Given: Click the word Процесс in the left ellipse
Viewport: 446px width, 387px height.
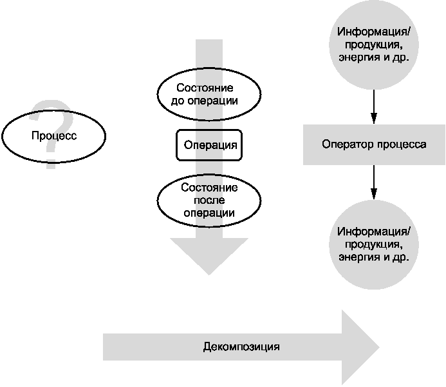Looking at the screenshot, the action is pyautogui.click(x=54, y=135).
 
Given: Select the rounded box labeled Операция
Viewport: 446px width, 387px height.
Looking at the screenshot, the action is pyautogui.click(x=209, y=145).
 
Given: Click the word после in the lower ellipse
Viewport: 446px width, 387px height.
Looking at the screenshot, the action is pyautogui.click(x=209, y=201).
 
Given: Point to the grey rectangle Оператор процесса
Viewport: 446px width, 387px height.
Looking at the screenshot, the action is pyautogui.click(x=374, y=144).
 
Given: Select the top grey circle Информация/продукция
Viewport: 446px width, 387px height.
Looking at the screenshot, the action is pyautogui.click(x=374, y=45).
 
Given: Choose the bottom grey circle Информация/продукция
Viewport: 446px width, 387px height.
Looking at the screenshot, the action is pyautogui.click(x=374, y=245).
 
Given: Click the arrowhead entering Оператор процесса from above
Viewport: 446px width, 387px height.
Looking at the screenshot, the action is pyautogui.click(x=374, y=118).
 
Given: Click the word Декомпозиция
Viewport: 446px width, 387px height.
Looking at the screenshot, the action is pyautogui.click(x=241, y=347).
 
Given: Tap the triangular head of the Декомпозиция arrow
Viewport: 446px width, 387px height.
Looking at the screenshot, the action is pyautogui.click(x=360, y=347).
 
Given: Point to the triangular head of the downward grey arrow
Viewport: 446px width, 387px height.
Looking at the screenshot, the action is pyautogui.click(x=209, y=256).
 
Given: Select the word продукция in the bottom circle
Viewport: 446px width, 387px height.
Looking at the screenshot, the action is pyautogui.click(x=373, y=245).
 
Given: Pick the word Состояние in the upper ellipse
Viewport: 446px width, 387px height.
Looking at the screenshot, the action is pyautogui.click(x=205, y=88).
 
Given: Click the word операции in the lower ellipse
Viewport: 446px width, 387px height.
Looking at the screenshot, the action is pyautogui.click(x=209, y=213).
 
